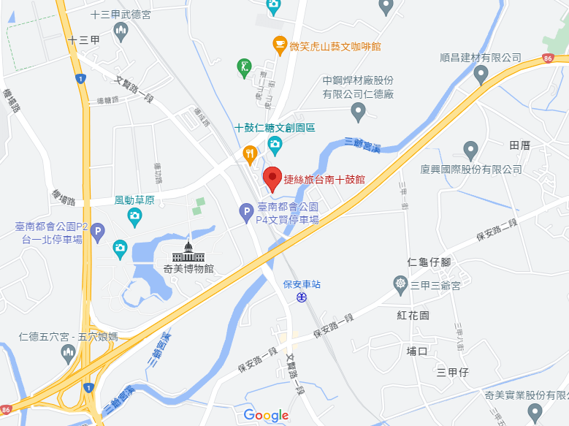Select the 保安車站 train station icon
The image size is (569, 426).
[301, 296]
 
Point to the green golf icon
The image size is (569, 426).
[244, 68]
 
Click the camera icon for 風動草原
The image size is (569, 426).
[134, 216]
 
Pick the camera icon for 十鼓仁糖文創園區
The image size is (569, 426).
[275, 143]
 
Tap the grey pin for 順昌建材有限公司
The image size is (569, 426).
[481, 74]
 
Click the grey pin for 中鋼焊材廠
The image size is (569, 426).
[358, 111]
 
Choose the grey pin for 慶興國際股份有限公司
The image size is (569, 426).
[470, 151]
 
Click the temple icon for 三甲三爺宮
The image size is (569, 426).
[400, 283]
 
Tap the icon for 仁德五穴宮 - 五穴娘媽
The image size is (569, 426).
[69, 354]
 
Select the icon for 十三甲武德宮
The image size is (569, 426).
[121, 31]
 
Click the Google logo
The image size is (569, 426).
[266, 415]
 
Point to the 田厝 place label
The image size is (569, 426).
[520, 145]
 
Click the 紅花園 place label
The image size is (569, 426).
[413, 315]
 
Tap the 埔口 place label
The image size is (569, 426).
[416, 351]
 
